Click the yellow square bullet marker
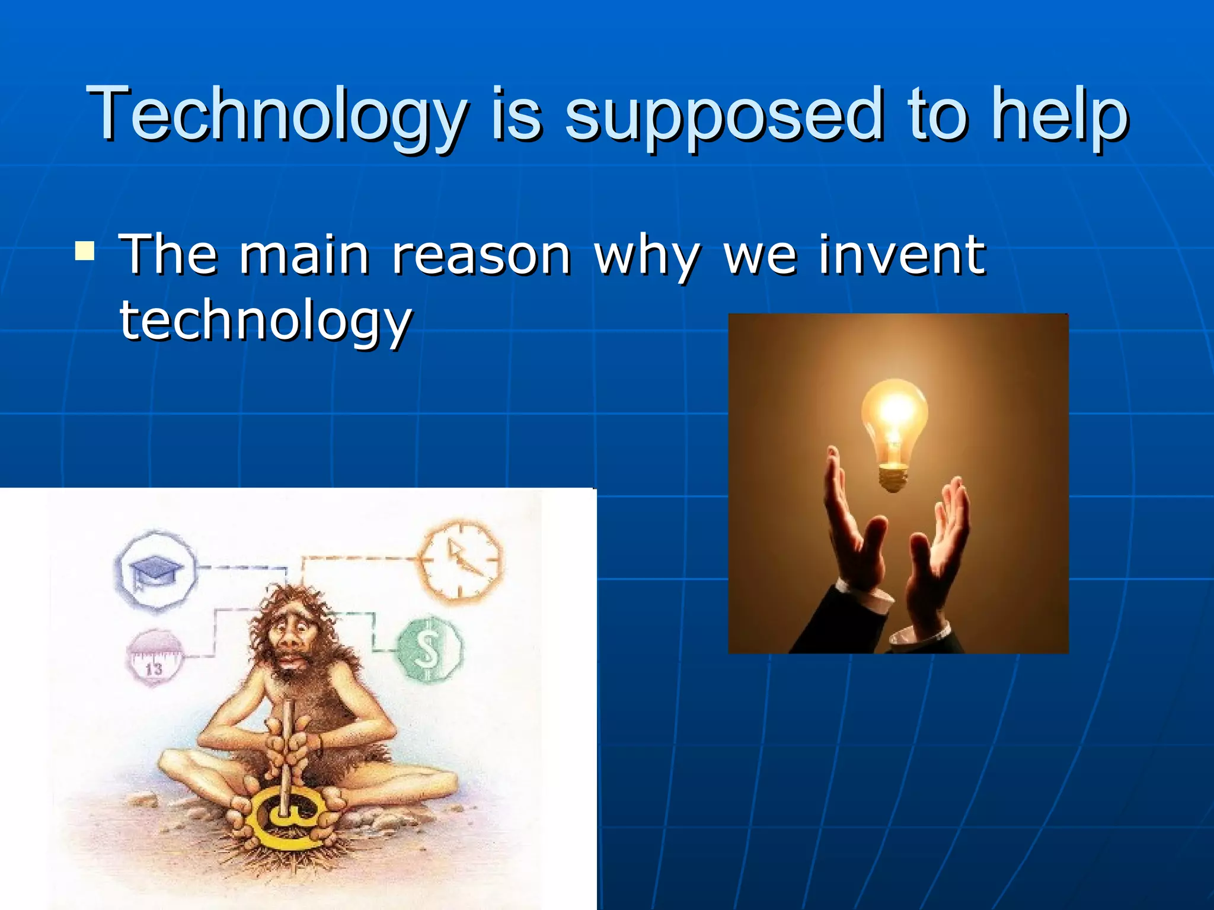[x=85, y=251]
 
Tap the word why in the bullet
[x=647, y=256]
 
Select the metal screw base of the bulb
[x=893, y=478]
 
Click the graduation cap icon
[x=156, y=571]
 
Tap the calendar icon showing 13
[x=154, y=658]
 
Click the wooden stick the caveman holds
[x=286, y=746]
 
